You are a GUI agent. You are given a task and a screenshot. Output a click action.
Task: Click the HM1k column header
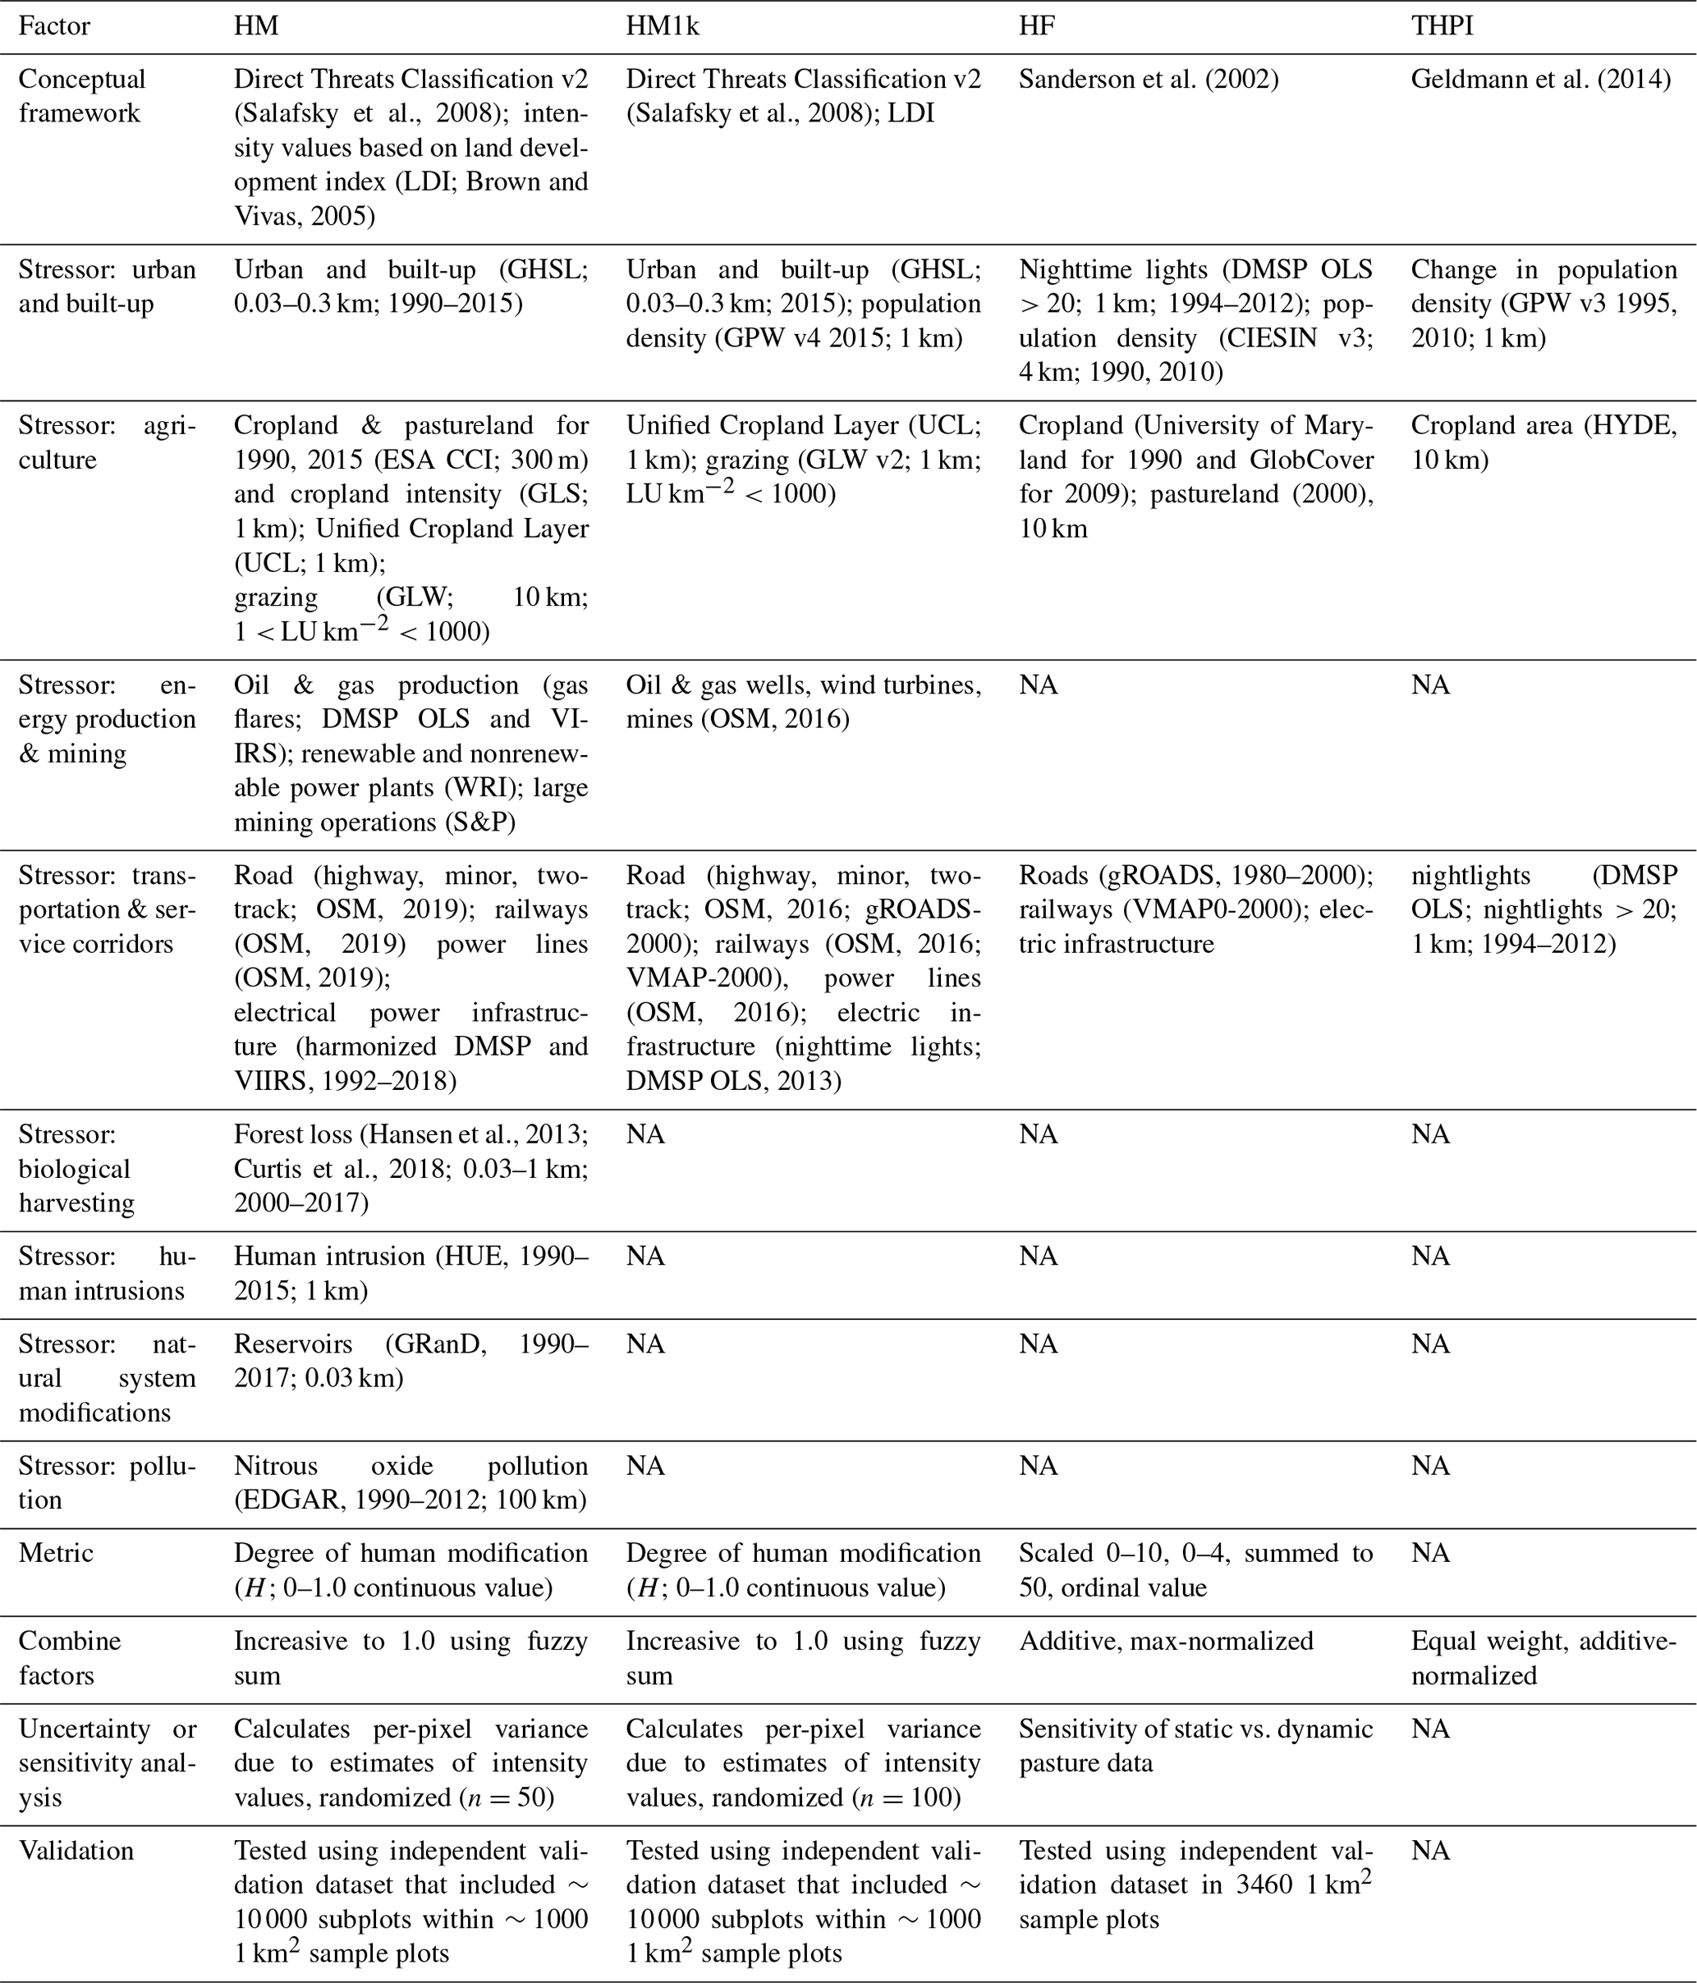pyautogui.click(x=663, y=25)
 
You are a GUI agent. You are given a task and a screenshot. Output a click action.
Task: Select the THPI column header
pyautogui.click(x=1442, y=25)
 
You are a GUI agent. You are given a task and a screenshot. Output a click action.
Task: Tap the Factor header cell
pyautogui.click(x=53, y=25)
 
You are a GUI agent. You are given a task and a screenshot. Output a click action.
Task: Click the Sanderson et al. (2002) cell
pyautogui.click(x=1149, y=80)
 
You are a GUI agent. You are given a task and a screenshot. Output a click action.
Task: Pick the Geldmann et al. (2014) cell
pyautogui.click(x=1541, y=80)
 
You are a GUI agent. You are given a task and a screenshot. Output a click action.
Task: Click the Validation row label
pyautogui.click(x=76, y=1850)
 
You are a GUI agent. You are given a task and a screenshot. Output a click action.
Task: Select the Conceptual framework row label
pyautogui.click(x=81, y=96)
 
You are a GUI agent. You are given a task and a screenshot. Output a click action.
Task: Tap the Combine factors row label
pyautogui.click(x=70, y=1658)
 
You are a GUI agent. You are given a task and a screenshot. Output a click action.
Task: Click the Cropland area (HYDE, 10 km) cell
pyautogui.click(x=1543, y=442)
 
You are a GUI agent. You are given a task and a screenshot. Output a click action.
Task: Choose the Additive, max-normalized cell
pyautogui.click(x=1166, y=1642)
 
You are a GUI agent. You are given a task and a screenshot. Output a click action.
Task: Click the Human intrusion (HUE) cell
pyautogui.click(x=410, y=1273)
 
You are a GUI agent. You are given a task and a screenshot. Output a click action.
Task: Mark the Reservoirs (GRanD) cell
pyautogui.click(x=410, y=1361)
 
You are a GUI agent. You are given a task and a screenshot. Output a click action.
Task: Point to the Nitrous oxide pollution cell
pyautogui.click(x=410, y=1482)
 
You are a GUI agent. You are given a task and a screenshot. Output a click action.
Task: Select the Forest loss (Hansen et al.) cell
pyautogui.click(x=410, y=1168)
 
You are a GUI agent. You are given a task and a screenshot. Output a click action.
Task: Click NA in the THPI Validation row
pyautogui.click(x=1430, y=1850)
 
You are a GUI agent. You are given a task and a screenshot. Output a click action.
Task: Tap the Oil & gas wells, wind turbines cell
pyautogui.click(x=803, y=702)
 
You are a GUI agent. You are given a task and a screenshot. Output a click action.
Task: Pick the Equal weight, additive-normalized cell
pyautogui.click(x=1543, y=1658)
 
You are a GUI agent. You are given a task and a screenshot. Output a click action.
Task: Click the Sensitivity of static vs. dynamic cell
pyautogui.click(x=1195, y=1746)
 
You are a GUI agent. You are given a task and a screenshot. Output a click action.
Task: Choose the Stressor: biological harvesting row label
pyautogui.click(x=76, y=1169)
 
